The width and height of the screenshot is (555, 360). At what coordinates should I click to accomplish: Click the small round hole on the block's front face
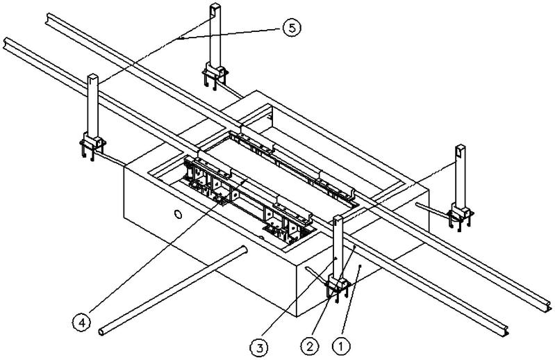coord(179,216)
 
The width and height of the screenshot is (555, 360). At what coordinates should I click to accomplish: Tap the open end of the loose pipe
coord(103,331)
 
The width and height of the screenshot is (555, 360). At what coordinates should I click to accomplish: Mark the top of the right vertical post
coord(460,149)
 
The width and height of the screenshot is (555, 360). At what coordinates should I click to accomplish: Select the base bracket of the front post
coord(336,286)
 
